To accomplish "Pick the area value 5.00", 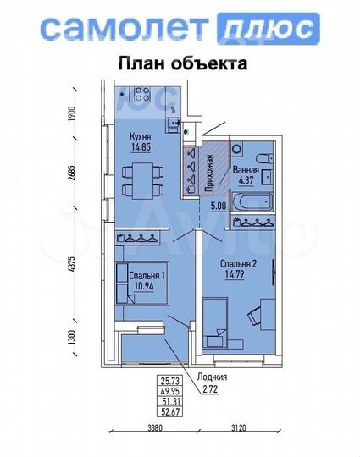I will (218, 205).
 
